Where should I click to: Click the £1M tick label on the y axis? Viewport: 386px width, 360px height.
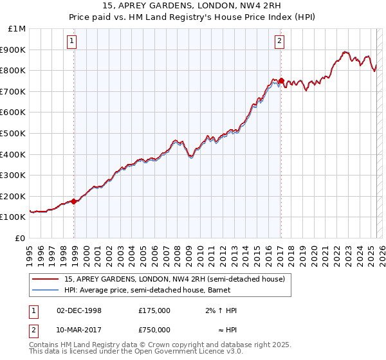coord(17,29)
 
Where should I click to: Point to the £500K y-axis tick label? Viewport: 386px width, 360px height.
coord(14,134)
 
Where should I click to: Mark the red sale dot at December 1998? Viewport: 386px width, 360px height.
coord(74,201)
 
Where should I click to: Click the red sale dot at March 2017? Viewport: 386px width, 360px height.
coord(280,80)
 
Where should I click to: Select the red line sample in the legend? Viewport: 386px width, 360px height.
coord(44,279)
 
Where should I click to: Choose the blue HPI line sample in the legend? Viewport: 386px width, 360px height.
coord(44,290)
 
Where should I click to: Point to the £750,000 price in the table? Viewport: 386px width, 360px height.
coord(154,329)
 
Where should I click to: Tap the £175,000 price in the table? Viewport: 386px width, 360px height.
coord(154,310)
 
